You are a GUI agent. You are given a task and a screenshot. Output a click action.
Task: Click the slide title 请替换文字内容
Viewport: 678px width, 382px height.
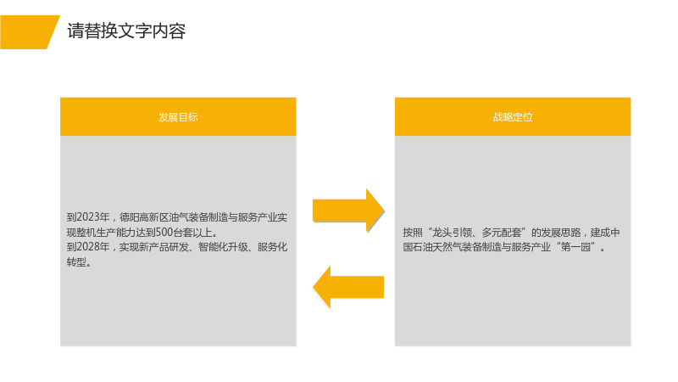pos(126,31)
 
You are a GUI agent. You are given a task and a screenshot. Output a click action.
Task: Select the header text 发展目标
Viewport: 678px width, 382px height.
pos(178,117)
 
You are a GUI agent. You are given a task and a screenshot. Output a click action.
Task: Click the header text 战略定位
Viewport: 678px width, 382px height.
pos(513,117)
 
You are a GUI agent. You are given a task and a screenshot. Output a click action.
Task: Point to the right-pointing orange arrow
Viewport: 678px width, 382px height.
pos(348,211)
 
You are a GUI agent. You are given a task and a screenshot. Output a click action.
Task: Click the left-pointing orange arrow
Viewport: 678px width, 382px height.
pos(348,287)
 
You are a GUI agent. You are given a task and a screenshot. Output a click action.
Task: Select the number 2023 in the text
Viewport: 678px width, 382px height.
pos(88,217)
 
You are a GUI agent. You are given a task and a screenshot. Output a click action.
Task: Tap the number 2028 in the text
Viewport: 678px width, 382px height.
pos(88,247)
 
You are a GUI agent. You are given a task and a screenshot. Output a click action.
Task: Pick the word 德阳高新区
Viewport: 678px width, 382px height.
pos(144,217)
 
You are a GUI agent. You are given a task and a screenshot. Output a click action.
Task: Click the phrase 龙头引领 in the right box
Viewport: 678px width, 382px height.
pos(452,233)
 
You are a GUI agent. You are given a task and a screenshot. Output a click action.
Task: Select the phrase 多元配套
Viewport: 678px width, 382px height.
pos(502,233)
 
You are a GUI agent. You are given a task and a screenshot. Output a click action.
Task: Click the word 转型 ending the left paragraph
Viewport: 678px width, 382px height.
pos(76,262)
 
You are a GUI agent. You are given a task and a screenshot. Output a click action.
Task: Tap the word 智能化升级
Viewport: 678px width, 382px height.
pos(223,247)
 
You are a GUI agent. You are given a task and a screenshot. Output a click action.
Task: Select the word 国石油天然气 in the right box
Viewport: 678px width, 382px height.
pos(432,247)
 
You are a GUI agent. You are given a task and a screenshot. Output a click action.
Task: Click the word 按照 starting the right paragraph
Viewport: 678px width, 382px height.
pos(413,233)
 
